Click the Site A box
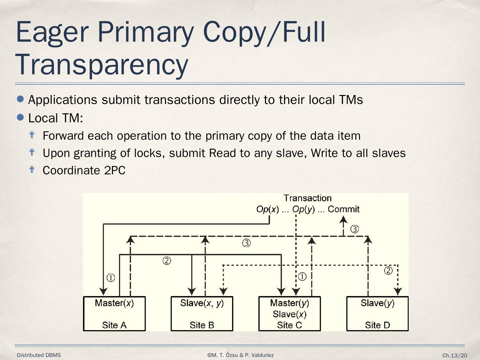114,314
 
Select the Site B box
202,314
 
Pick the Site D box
377,314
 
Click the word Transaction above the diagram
307,198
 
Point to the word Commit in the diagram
343,209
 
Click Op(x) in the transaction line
267,209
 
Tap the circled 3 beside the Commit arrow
355,229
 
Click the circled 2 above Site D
388,271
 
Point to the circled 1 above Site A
111,278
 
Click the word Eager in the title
52,32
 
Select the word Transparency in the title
102,65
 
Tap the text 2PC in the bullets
115,170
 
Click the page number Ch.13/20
455,356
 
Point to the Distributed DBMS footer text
39,355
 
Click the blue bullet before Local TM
21,117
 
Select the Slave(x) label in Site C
289,314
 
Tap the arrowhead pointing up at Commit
343,219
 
